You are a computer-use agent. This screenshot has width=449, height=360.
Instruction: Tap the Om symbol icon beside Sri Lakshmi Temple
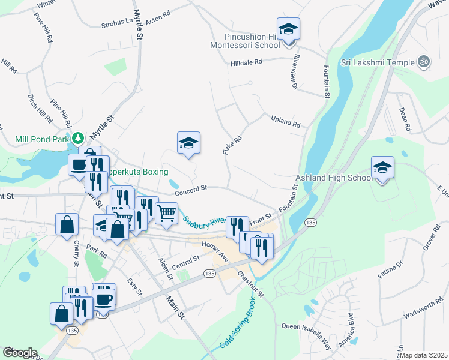[424, 62]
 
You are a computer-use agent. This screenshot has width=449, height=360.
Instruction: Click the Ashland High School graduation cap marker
[382, 168]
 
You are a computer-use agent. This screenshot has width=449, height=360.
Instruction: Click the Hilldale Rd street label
[247, 62]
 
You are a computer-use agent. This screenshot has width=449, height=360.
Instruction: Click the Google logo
[20, 352]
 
